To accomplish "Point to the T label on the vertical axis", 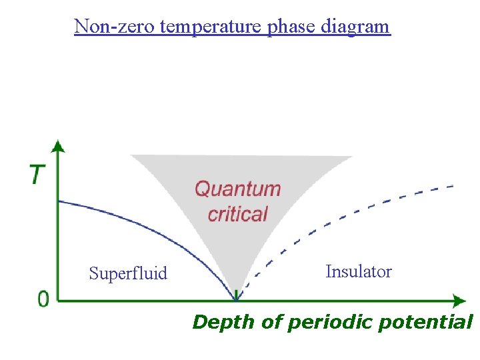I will [37, 175].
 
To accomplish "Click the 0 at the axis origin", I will [43, 299].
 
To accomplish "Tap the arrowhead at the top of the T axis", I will [59, 146].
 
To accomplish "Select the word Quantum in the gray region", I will [237, 189].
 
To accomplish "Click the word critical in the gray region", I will [237, 214].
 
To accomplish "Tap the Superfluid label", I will [128, 273].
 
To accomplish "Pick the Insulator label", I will [359, 271].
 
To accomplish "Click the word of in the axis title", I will [271, 323].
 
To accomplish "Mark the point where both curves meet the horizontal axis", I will [236, 300].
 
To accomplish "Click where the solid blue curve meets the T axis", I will [59, 201].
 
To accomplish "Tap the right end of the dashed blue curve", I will [453, 185].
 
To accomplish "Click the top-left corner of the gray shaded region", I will [131, 156].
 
